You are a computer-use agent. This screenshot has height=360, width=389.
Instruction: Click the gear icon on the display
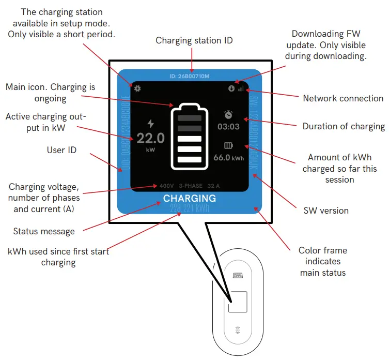click(138, 88)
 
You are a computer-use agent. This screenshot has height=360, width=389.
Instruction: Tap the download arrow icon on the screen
click(231, 88)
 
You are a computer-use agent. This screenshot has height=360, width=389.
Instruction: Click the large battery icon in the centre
click(190, 137)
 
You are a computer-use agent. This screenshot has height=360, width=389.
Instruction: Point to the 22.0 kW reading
click(151, 138)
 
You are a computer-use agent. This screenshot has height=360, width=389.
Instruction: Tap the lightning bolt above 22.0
click(151, 124)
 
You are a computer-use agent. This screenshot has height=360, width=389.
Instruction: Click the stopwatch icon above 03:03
click(228, 115)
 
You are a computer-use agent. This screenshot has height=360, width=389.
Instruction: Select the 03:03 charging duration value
click(228, 126)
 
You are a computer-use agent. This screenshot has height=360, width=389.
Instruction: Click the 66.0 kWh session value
click(228, 157)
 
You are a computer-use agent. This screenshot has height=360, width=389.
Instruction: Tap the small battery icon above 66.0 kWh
click(228, 146)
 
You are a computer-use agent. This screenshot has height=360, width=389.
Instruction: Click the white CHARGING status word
click(190, 198)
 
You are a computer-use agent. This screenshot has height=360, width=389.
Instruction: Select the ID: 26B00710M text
click(190, 77)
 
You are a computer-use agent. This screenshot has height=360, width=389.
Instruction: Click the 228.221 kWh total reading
click(190, 208)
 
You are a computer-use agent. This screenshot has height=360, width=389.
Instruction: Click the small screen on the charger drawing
click(238, 303)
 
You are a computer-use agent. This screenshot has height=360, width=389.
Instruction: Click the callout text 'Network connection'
click(343, 98)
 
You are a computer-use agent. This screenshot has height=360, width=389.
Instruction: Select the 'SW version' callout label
click(325, 211)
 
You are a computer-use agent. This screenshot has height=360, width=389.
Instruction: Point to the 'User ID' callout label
click(61, 150)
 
